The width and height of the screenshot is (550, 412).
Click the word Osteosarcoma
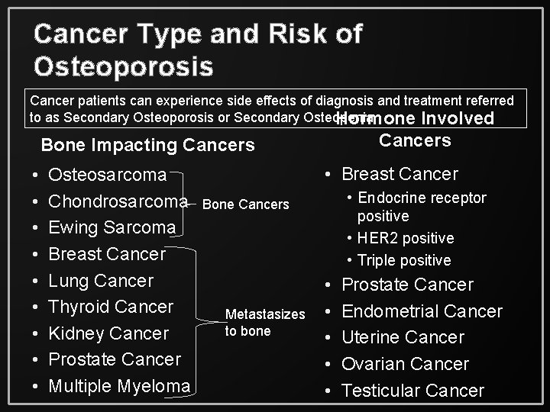tap(107, 175)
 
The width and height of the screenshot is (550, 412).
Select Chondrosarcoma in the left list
tap(118, 201)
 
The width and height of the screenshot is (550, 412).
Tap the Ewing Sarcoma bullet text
tap(112, 227)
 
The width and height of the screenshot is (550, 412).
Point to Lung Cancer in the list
tap(101, 280)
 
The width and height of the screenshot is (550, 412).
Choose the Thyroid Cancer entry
tap(111, 307)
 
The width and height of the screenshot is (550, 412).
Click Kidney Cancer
tap(108, 333)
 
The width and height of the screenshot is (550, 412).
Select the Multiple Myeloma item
tap(119, 386)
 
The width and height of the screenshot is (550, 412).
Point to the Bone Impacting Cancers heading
tap(147, 144)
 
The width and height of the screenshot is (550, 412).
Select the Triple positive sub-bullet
tap(404, 260)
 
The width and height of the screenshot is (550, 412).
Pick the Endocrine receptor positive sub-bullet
tap(421, 207)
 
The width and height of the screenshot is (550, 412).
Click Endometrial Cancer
tap(422, 311)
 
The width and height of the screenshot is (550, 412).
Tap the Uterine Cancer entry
tap(403, 337)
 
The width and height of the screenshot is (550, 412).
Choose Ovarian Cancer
tap(405, 364)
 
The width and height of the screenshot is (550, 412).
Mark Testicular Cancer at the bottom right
tap(412, 391)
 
